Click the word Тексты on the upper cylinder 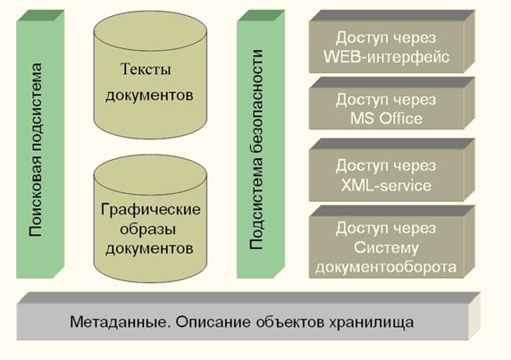pyautogui.click(x=146, y=69)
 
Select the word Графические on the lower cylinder pyautogui.click(x=151, y=210)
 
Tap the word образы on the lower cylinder pyautogui.click(x=148, y=230)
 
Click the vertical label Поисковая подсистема pyautogui.click(x=35, y=149)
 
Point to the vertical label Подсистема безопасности pyautogui.click(x=255, y=149)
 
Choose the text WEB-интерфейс pyautogui.click(x=387, y=57)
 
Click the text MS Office pyautogui.click(x=386, y=118)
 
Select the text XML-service pyautogui.click(x=386, y=186)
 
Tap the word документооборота pyautogui.click(x=386, y=267)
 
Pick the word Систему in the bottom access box pyautogui.click(x=386, y=247)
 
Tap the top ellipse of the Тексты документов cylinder pyautogui.click(x=150, y=31)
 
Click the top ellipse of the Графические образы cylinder pyautogui.click(x=150, y=174)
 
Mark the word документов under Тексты pyautogui.click(x=149, y=96)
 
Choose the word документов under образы pyautogui.click(x=149, y=249)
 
